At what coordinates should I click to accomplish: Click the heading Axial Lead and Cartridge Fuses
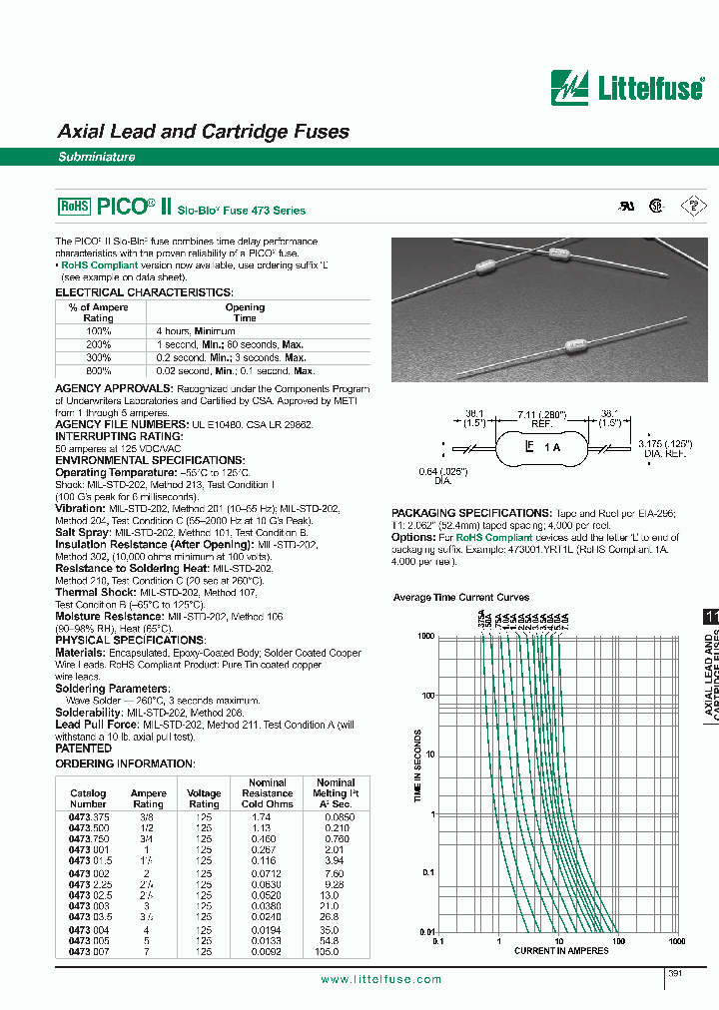pyautogui.click(x=204, y=132)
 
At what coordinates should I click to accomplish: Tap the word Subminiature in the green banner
pyautogui.click(x=96, y=157)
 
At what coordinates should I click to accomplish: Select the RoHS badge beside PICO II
pyautogui.click(x=75, y=207)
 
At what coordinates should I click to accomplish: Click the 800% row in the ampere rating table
pyautogui.click(x=98, y=369)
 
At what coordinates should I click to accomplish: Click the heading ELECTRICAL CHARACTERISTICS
pyautogui.click(x=144, y=292)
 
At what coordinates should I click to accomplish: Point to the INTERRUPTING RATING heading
pyautogui.click(x=119, y=436)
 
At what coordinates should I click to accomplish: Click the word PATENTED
pyautogui.click(x=83, y=720)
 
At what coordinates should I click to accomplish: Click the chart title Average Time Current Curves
pyautogui.click(x=461, y=598)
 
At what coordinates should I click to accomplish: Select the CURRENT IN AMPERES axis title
pyautogui.click(x=561, y=951)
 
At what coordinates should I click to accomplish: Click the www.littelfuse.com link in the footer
pyautogui.click(x=380, y=980)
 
